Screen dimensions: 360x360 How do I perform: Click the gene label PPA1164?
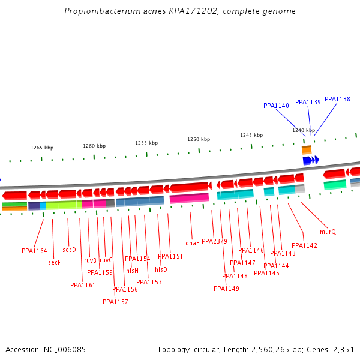click(x=34, y=251)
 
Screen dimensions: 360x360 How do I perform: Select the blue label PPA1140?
click(x=276, y=106)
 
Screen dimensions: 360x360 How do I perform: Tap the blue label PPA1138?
click(x=337, y=99)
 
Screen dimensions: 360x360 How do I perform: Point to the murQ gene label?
click(x=328, y=232)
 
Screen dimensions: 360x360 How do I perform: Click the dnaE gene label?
click(x=192, y=243)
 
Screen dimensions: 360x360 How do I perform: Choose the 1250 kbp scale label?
click(x=199, y=139)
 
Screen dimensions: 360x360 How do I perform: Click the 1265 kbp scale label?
click(x=42, y=148)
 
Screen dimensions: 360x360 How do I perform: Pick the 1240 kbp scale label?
click(x=304, y=130)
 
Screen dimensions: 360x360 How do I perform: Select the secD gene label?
click(x=69, y=250)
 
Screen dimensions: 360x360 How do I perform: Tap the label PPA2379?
click(x=214, y=241)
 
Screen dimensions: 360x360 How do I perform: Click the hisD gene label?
click(x=161, y=269)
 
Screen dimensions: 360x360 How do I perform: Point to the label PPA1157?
click(x=115, y=302)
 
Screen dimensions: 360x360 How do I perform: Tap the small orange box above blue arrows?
click(x=307, y=149)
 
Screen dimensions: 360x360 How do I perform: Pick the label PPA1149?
click(x=226, y=289)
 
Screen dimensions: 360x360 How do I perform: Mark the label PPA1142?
click(x=304, y=245)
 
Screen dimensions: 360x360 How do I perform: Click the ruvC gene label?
click(x=106, y=260)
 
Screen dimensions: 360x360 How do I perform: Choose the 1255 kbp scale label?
click(x=146, y=143)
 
